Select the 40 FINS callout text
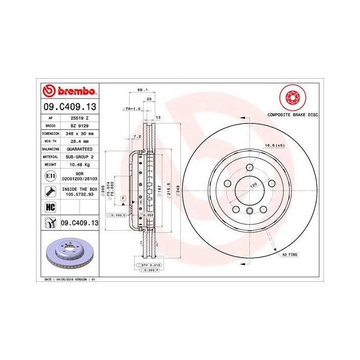290,255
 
